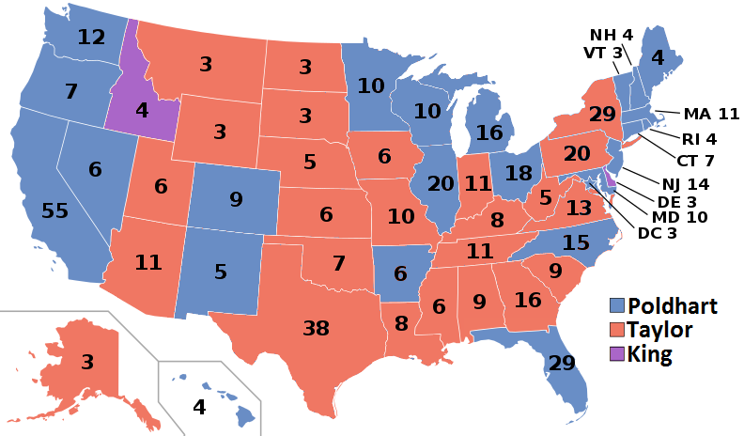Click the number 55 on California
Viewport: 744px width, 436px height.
pyautogui.click(x=54, y=210)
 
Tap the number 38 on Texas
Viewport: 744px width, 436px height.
pyautogui.click(x=316, y=328)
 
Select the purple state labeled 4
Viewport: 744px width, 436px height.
pyautogui.click(x=140, y=109)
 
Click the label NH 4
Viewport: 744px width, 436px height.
pyautogui.click(x=611, y=36)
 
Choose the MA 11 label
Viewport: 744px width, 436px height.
pyautogui.click(x=711, y=115)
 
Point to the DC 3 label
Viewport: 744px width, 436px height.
pyautogui.click(x=657, y=233)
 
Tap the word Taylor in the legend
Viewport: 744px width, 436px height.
pyautogui.click(x=660, y=330)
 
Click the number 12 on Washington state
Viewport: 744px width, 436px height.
pyautogui.click(x=91, y=39)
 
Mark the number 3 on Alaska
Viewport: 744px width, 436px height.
pyautogui.click(x=85, y=362)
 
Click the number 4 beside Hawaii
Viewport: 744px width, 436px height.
pyautogui.click(x=198, y=407)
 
